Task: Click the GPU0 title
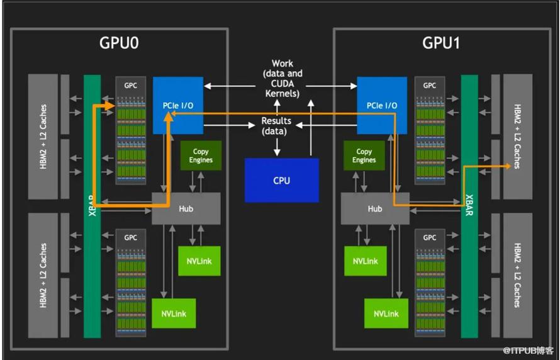point(119,43)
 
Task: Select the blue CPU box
point(282,180)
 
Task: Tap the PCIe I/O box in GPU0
point(178,105)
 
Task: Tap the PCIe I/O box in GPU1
point(382,105)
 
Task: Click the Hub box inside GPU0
point(186,208)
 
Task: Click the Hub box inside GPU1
point(375,208)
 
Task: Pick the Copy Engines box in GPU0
point(201,155)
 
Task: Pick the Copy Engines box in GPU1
point(364,155)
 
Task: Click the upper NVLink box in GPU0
point(199,261)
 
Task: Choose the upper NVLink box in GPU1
point(366,261)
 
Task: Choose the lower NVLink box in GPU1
point(386,313)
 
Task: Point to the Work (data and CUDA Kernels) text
point(283,79)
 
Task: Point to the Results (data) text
point(276,126)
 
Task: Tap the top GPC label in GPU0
point(130,86)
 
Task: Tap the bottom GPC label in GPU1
point(430,238)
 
